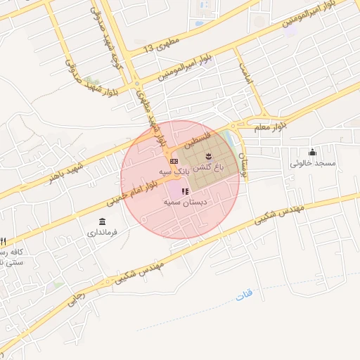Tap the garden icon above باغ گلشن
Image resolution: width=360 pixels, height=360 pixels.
[208, 155]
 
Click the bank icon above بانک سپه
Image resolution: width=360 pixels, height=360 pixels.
[174, 162]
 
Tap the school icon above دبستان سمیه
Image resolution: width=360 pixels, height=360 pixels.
[185, 191]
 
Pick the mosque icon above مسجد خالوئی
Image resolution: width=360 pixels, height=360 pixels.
[312, 153]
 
